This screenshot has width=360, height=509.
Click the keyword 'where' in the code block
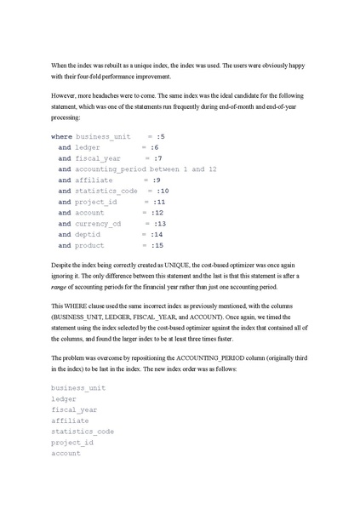61,136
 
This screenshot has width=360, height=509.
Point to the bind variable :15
157,246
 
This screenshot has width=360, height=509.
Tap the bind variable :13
159,224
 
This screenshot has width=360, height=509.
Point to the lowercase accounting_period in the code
116,169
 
